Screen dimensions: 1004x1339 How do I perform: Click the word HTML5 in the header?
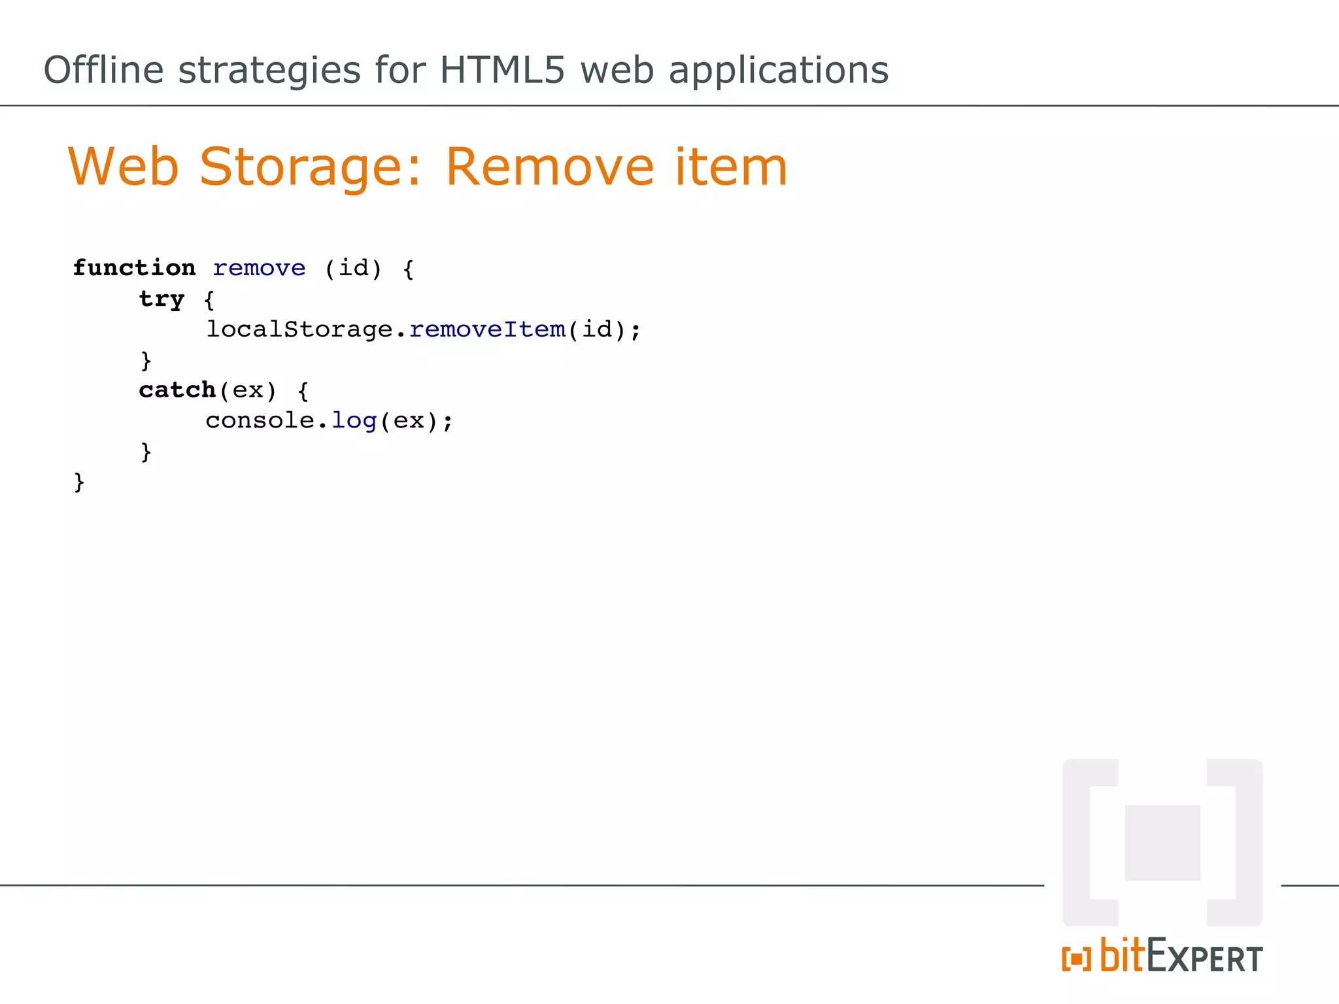[x=501, y=70]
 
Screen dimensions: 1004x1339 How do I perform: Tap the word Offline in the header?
[x=103, y=70]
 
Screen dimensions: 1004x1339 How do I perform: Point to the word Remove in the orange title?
[x=549, y=167]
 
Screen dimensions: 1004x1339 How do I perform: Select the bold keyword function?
[x=134, y=268]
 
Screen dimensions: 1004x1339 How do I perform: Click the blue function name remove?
[x=259, y=268]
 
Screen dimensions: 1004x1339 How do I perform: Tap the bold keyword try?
[x=161, y=299]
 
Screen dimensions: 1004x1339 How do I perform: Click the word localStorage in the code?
[x=299, y=329]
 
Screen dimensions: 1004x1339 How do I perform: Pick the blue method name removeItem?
[x=487, y=329]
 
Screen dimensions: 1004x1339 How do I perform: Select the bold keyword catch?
[x=177, y=390]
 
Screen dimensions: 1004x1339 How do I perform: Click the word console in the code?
[x=260, y=420]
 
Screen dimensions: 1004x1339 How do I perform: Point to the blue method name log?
[x=354, y=421]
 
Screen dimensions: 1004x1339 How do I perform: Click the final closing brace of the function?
[x=79, y=482]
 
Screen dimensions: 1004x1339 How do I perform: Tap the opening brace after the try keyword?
[x=209, y=300]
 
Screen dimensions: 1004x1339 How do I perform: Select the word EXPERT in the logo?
[x=1205, y=958]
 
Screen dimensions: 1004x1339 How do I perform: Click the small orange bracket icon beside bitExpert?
[x=1076, y=960]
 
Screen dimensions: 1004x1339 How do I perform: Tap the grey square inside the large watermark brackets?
[x=1162, y=843]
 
